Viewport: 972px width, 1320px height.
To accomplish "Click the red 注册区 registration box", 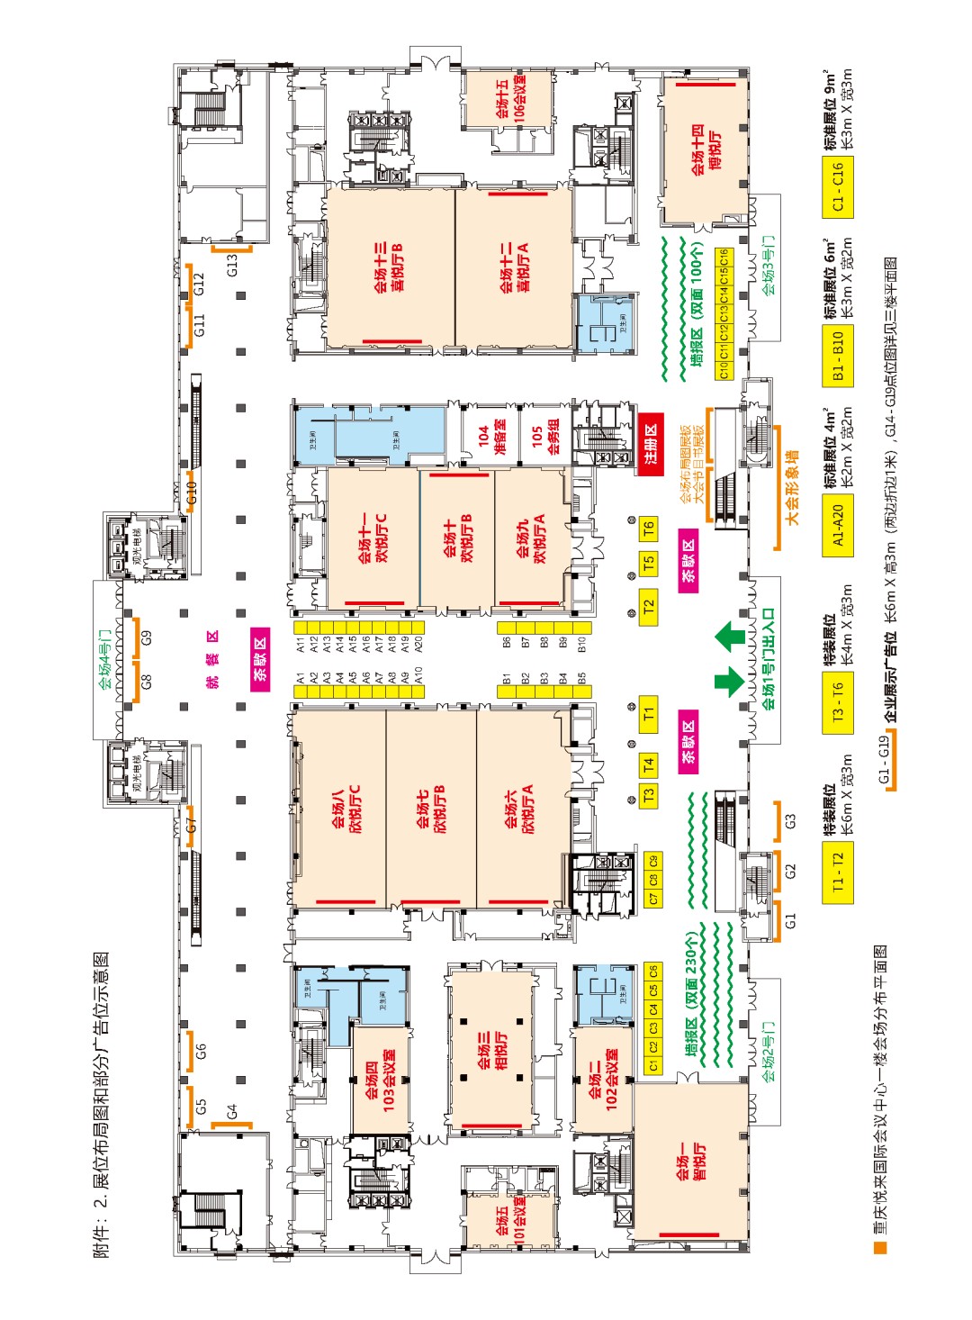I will (x=651, y=444).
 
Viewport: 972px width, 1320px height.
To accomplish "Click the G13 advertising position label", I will (x=232, y=265).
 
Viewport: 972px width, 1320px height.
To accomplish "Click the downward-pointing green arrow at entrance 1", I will (x=730, y=681).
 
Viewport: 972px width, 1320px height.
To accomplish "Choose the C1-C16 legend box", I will (x=838, y=187).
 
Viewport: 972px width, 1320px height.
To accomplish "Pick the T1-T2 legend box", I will (x=838, y=872).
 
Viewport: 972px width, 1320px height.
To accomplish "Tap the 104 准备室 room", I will (x=490, y=435).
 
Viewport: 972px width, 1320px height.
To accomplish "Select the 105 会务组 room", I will (x=545, y=435).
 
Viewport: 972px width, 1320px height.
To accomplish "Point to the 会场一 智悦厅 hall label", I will (x=691, y=1162).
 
